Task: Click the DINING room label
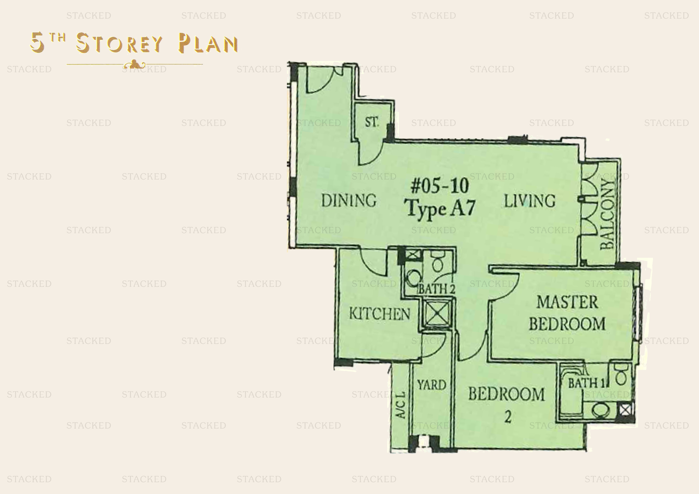click(349, 201)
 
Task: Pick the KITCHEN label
click(379, 314)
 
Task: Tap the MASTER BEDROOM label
click(567, 313)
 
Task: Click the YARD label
click(432, 385)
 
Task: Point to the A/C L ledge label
click(401, 405)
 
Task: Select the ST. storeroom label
click(372, 122)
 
